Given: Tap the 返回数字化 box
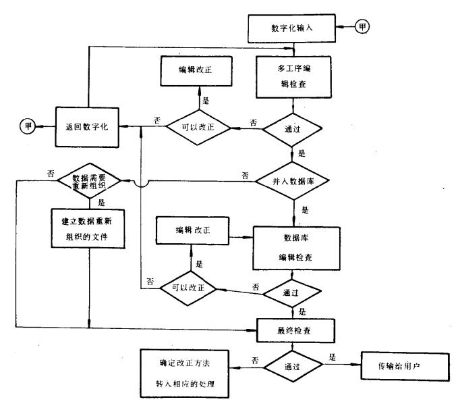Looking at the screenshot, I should tap(88, 126).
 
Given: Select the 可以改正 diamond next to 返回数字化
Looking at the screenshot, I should tap(198, 126).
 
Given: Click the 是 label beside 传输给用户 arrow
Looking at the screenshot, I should tap(332, 356).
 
